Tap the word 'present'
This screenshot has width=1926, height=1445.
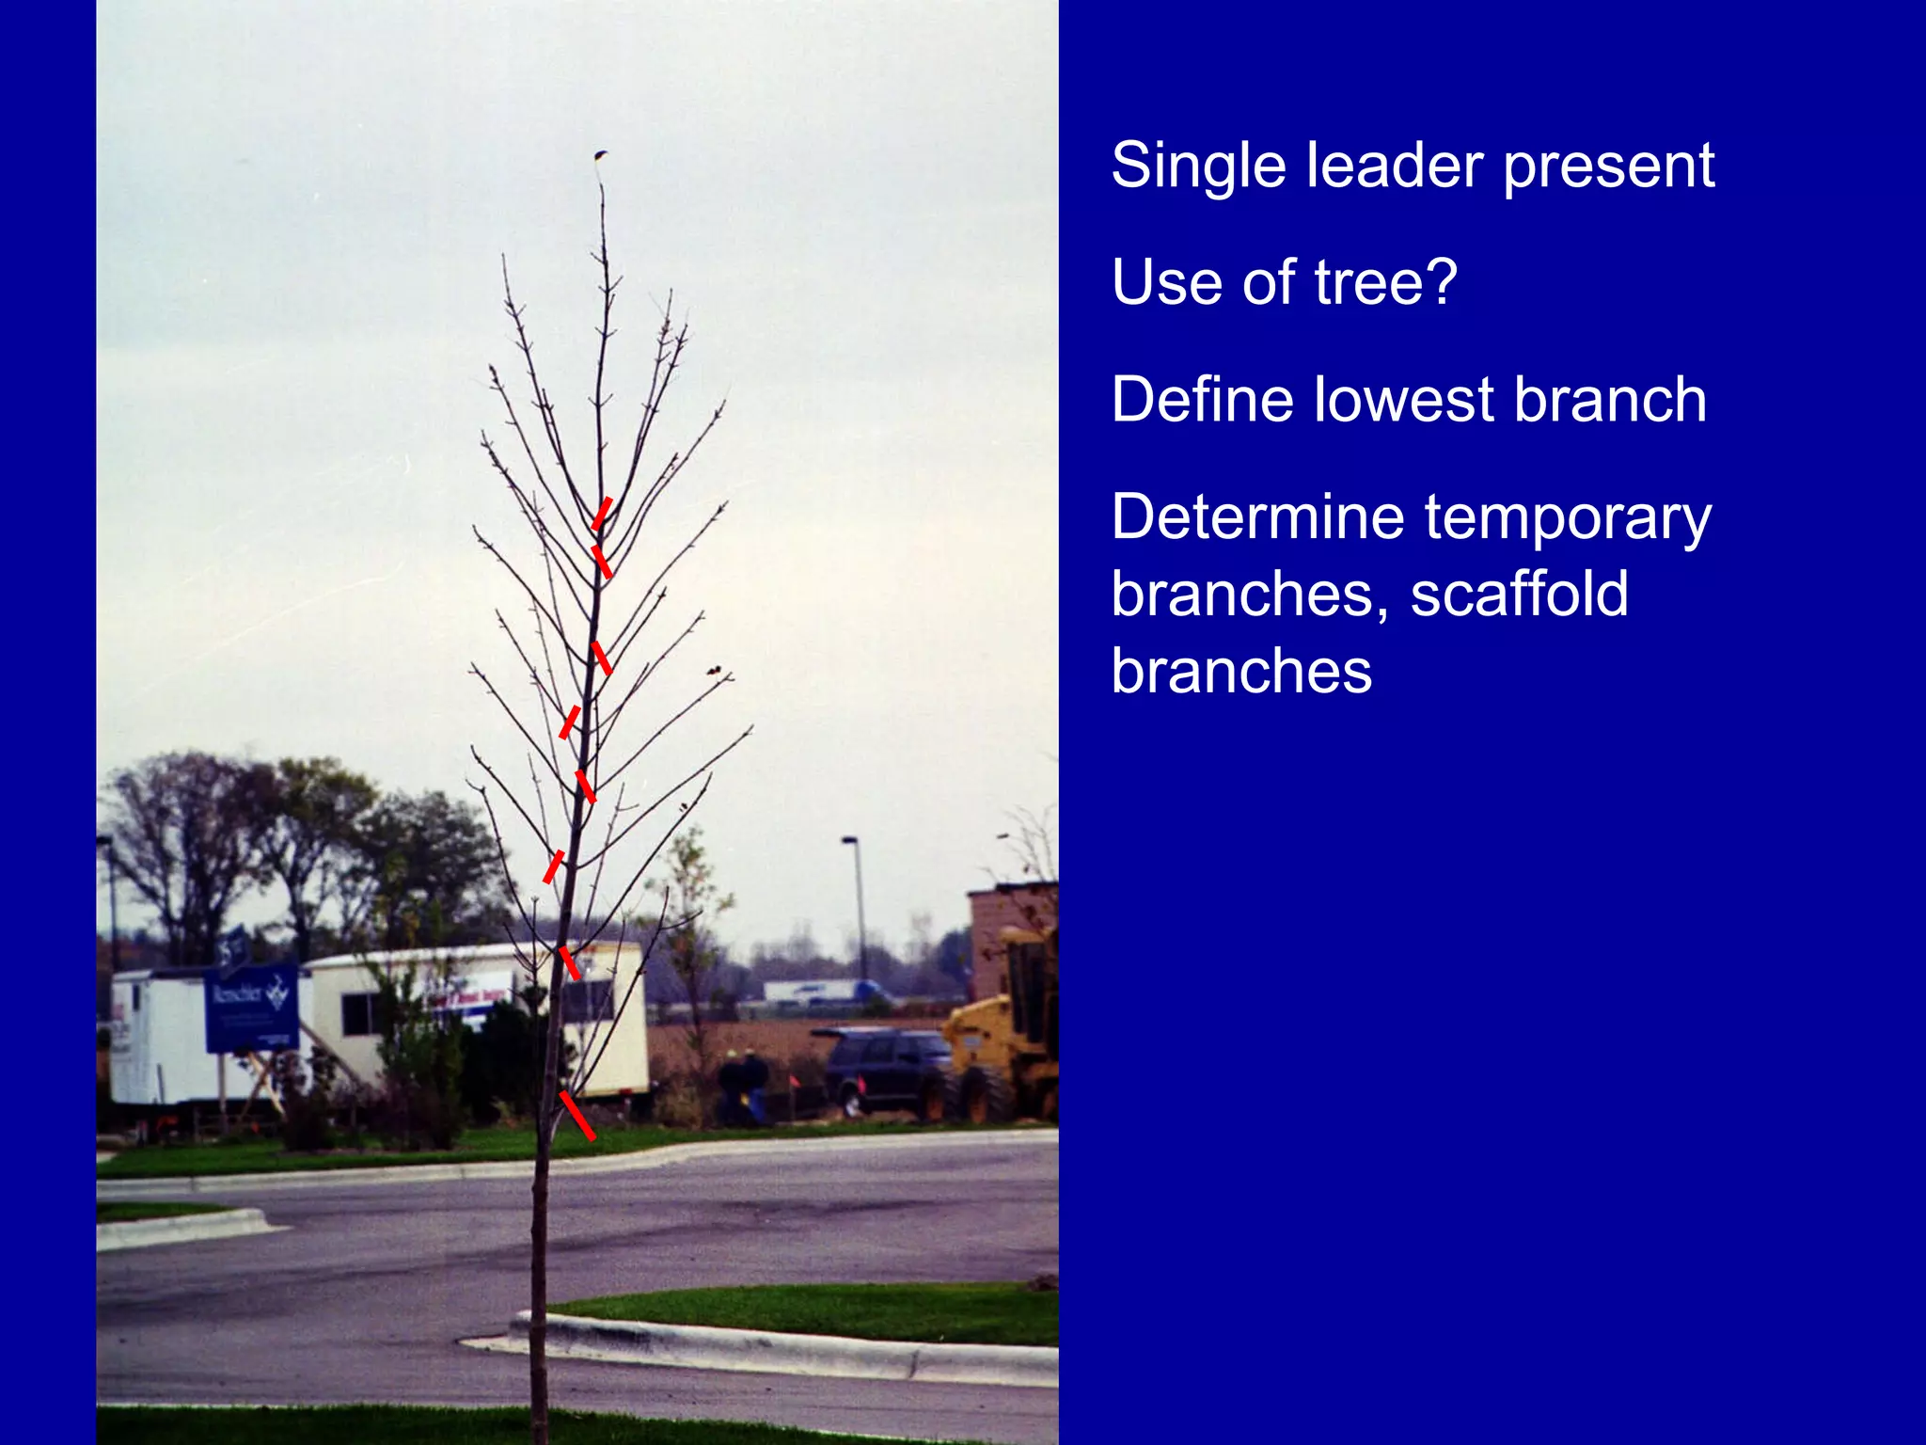tap(1608, 167)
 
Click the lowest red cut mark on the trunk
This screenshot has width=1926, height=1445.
tap(576, 1115)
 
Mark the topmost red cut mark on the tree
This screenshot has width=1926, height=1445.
tap(602, 513)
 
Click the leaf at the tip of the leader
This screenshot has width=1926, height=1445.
tap(600, 155)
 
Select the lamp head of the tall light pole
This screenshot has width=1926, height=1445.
tap(849, 839)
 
